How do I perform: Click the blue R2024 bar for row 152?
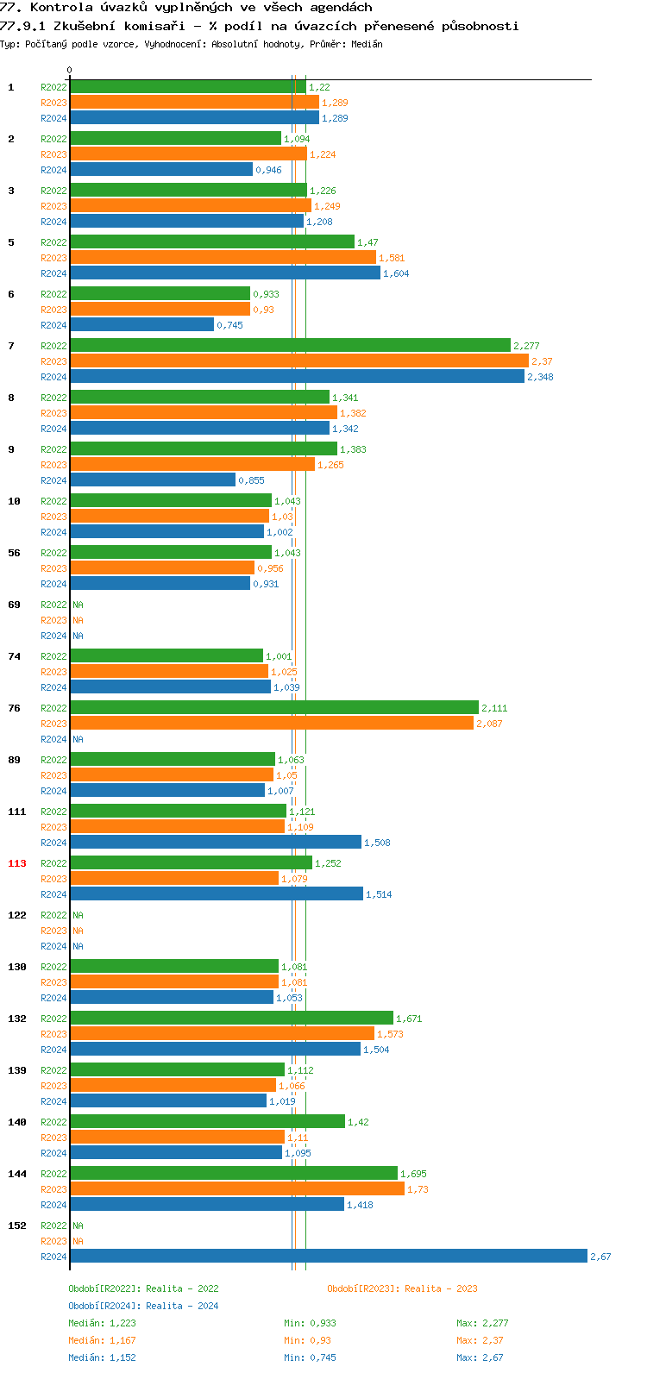pos(328,1257)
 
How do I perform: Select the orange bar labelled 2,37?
pos(298,361)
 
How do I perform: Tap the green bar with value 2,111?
pos(273,708)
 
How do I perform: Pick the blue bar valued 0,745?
pos(141,325)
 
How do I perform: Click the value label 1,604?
pos(396,273)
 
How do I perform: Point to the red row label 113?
pos(17,863)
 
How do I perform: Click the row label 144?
pos(17,1174)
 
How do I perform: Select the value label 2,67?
pos(600,1257)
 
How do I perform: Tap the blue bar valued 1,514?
pos(216,894)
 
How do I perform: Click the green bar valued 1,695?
pos(233,1174)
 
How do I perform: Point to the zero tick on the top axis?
pos(70,71)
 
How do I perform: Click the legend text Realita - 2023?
pos(441,1288)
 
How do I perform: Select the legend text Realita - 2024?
pos(182,1306)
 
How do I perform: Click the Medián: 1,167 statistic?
pos(102,1340)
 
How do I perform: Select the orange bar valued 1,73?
pos(236,1189)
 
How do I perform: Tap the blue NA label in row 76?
pos(78,739)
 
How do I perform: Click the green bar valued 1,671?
pos(231,1019)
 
